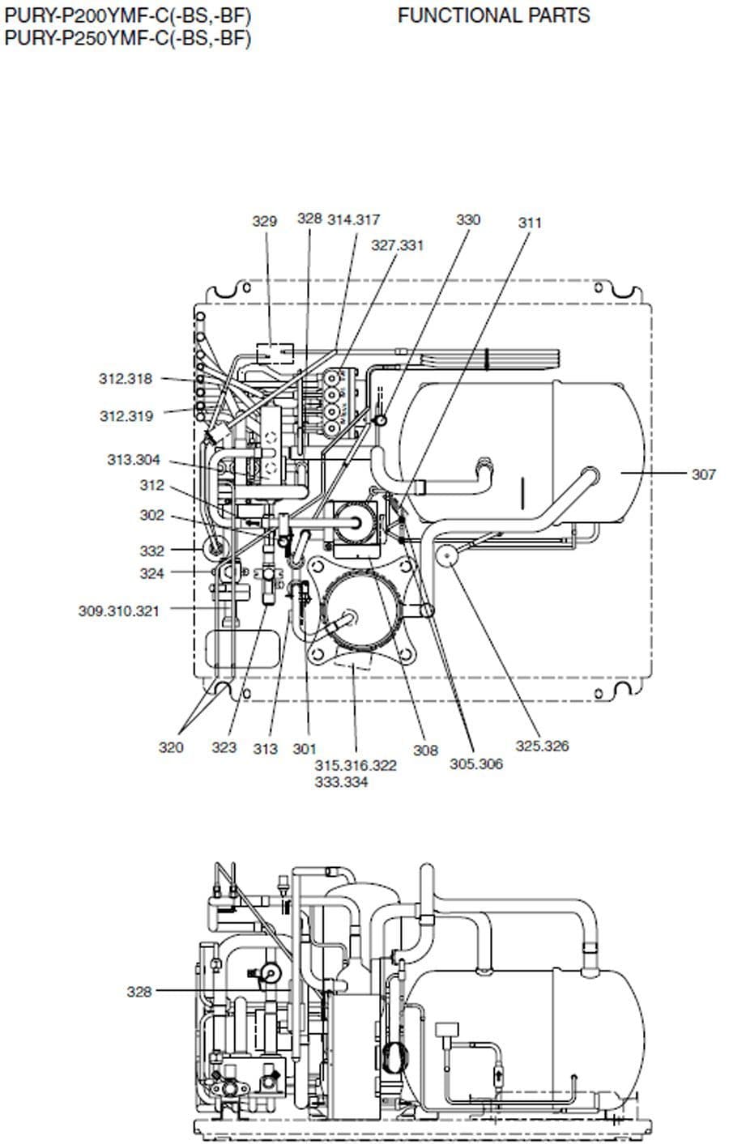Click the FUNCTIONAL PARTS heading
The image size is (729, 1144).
(493, 15)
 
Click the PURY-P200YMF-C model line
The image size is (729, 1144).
(128, 16)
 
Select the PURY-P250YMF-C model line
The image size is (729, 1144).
(128, 38)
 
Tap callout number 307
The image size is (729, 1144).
(703, 474)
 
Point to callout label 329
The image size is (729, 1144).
(265, 221)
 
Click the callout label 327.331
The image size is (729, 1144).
(398, 245)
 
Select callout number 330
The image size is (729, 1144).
(468, 219)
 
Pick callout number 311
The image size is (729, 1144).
(530, 223)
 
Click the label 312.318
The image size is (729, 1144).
(126, 379)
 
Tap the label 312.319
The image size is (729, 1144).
(126, 416)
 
